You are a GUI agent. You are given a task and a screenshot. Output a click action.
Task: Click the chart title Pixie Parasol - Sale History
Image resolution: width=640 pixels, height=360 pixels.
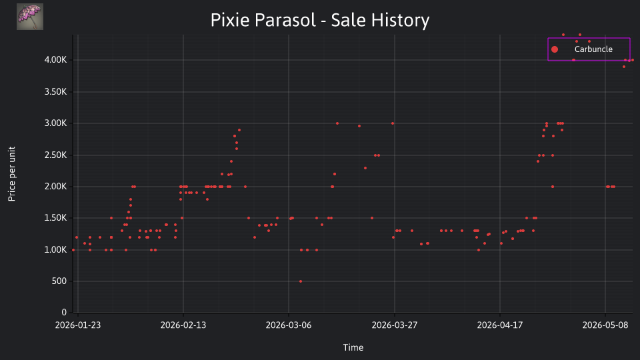tap(319, 20)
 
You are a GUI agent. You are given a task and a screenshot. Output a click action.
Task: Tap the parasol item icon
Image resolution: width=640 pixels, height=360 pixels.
tap(30, 17)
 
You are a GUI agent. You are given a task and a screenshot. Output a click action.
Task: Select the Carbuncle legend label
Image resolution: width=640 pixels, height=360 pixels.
tap(593, 49)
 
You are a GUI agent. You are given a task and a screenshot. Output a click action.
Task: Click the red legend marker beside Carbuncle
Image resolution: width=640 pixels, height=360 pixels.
tap(554, 49)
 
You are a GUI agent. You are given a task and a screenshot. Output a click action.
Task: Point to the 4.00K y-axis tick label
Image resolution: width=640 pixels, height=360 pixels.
tap(55, 60)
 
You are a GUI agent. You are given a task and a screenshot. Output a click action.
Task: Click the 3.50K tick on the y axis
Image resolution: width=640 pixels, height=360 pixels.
tap(55, 92)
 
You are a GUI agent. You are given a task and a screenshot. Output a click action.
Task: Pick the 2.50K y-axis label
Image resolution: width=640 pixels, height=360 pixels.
tap(55, 155)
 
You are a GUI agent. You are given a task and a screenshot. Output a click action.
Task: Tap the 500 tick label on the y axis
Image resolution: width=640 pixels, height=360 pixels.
tap(59, 281)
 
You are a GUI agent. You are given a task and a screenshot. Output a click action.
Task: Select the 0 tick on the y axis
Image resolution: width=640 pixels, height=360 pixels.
tap(64, 312)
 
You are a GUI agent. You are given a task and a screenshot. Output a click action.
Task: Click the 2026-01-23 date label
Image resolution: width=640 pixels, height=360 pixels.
tap(78, 325)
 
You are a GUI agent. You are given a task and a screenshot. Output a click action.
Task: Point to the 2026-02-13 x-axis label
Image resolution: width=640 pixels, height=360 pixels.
tap(183, 325)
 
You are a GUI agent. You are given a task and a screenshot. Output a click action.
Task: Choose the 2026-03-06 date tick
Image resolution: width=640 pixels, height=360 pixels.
tap(289, 325)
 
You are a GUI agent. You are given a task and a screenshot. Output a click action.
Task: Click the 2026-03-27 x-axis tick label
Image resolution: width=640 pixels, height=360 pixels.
tap(394, 325)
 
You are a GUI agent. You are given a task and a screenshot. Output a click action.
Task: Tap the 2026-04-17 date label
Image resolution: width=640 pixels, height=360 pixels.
tap(499, 325)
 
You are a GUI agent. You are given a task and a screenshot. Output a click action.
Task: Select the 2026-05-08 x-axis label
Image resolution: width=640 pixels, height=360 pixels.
tap(605, 325)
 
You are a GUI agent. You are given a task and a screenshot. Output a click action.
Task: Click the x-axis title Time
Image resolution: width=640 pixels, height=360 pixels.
tap(353, 348)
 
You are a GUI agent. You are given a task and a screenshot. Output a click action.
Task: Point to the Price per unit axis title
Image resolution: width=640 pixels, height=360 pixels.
tap(12, 174)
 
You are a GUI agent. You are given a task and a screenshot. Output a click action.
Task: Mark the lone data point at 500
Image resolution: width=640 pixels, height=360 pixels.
tap(301, 281)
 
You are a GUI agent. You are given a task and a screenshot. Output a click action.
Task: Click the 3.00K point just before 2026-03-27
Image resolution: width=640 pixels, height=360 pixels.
tap(393, 123)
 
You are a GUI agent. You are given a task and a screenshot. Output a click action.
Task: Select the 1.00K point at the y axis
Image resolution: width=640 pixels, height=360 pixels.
tap(73, 250)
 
